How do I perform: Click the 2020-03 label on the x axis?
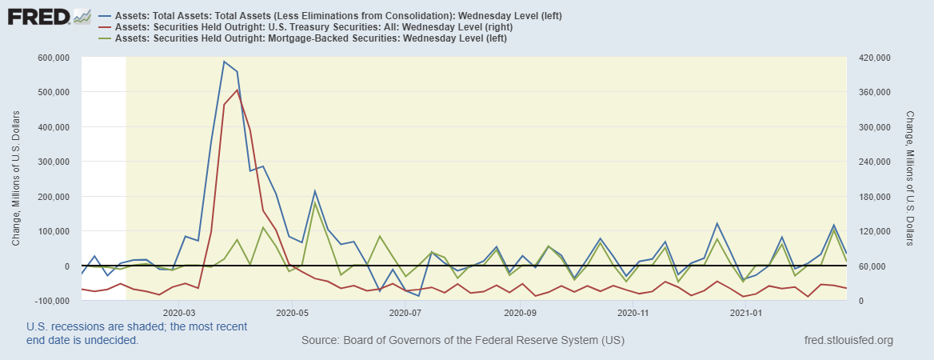(179, 313)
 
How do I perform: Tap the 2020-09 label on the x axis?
(521, 313)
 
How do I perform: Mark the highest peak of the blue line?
(224, 62)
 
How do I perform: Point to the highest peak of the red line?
(237, 90)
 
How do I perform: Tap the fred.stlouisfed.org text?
(848, 341)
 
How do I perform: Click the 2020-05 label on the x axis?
(293, 313)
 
